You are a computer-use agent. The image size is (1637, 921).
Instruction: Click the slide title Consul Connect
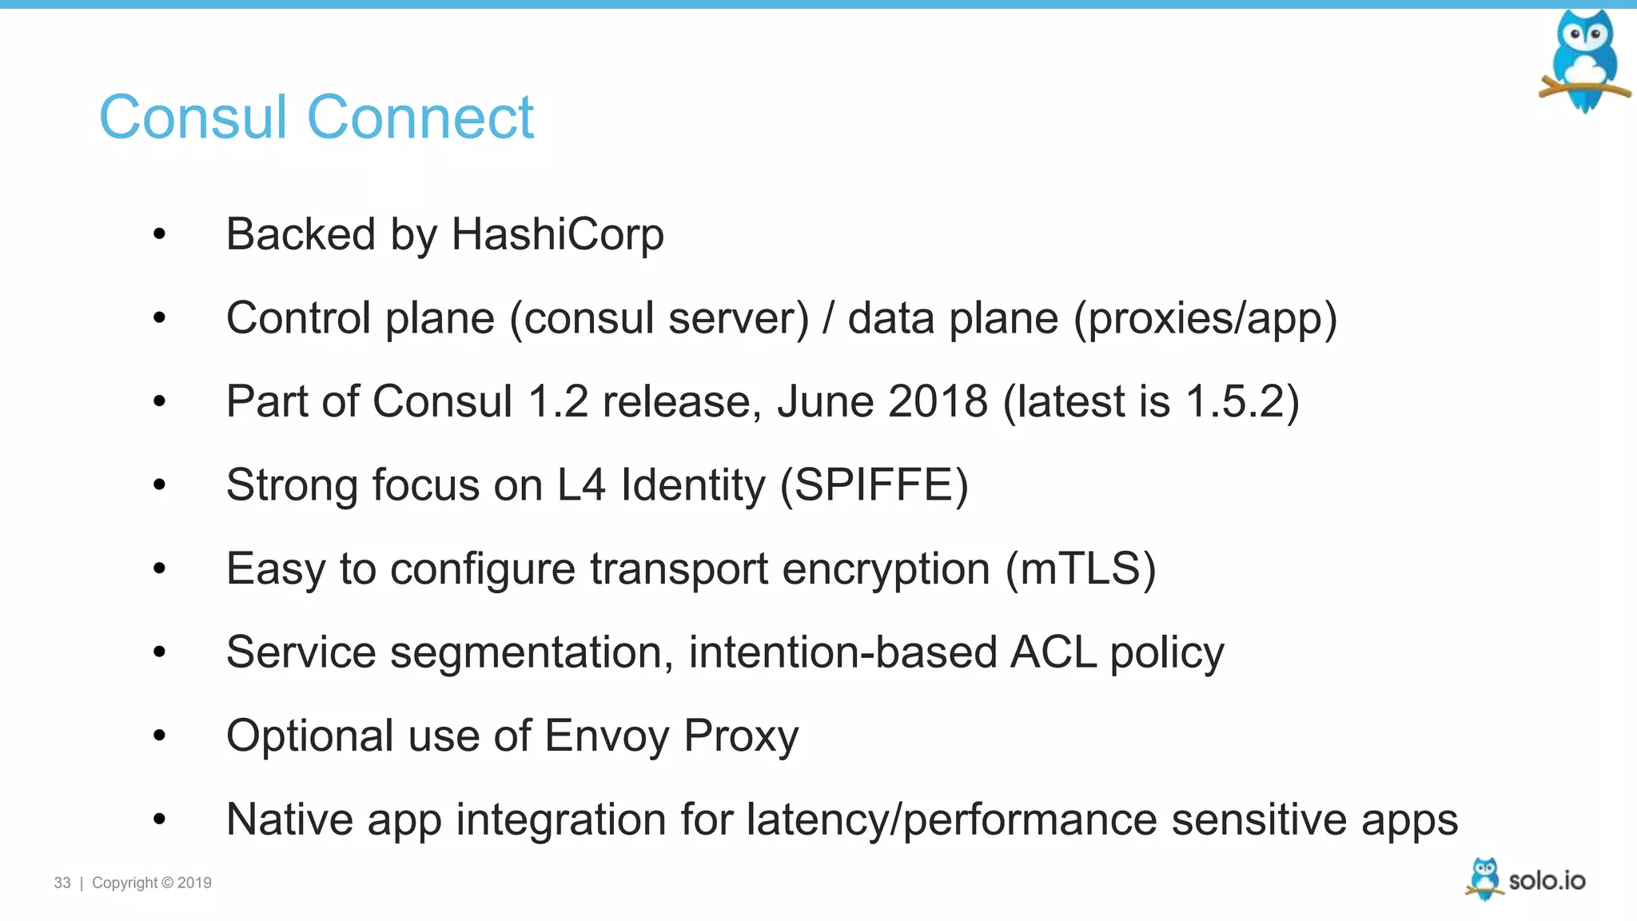316,118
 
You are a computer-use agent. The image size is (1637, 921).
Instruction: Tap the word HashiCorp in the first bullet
557,234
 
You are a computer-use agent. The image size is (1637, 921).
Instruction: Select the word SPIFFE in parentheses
874,485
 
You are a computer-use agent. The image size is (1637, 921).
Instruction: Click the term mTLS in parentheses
1081,568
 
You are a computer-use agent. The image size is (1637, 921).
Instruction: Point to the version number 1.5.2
1234,401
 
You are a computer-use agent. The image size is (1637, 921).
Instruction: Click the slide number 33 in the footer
62,883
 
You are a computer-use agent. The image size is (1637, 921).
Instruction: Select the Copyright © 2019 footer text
152,883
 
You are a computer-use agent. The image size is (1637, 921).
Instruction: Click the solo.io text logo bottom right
1547,881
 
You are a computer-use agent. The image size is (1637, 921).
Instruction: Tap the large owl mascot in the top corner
1585,60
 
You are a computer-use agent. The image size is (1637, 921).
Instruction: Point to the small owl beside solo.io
1484,879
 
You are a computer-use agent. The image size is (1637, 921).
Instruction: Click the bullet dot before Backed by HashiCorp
160,234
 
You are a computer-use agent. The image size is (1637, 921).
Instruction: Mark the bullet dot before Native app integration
160,819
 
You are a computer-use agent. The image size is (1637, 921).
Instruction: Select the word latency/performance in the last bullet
951,819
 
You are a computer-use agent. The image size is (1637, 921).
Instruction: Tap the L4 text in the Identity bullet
581,485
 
